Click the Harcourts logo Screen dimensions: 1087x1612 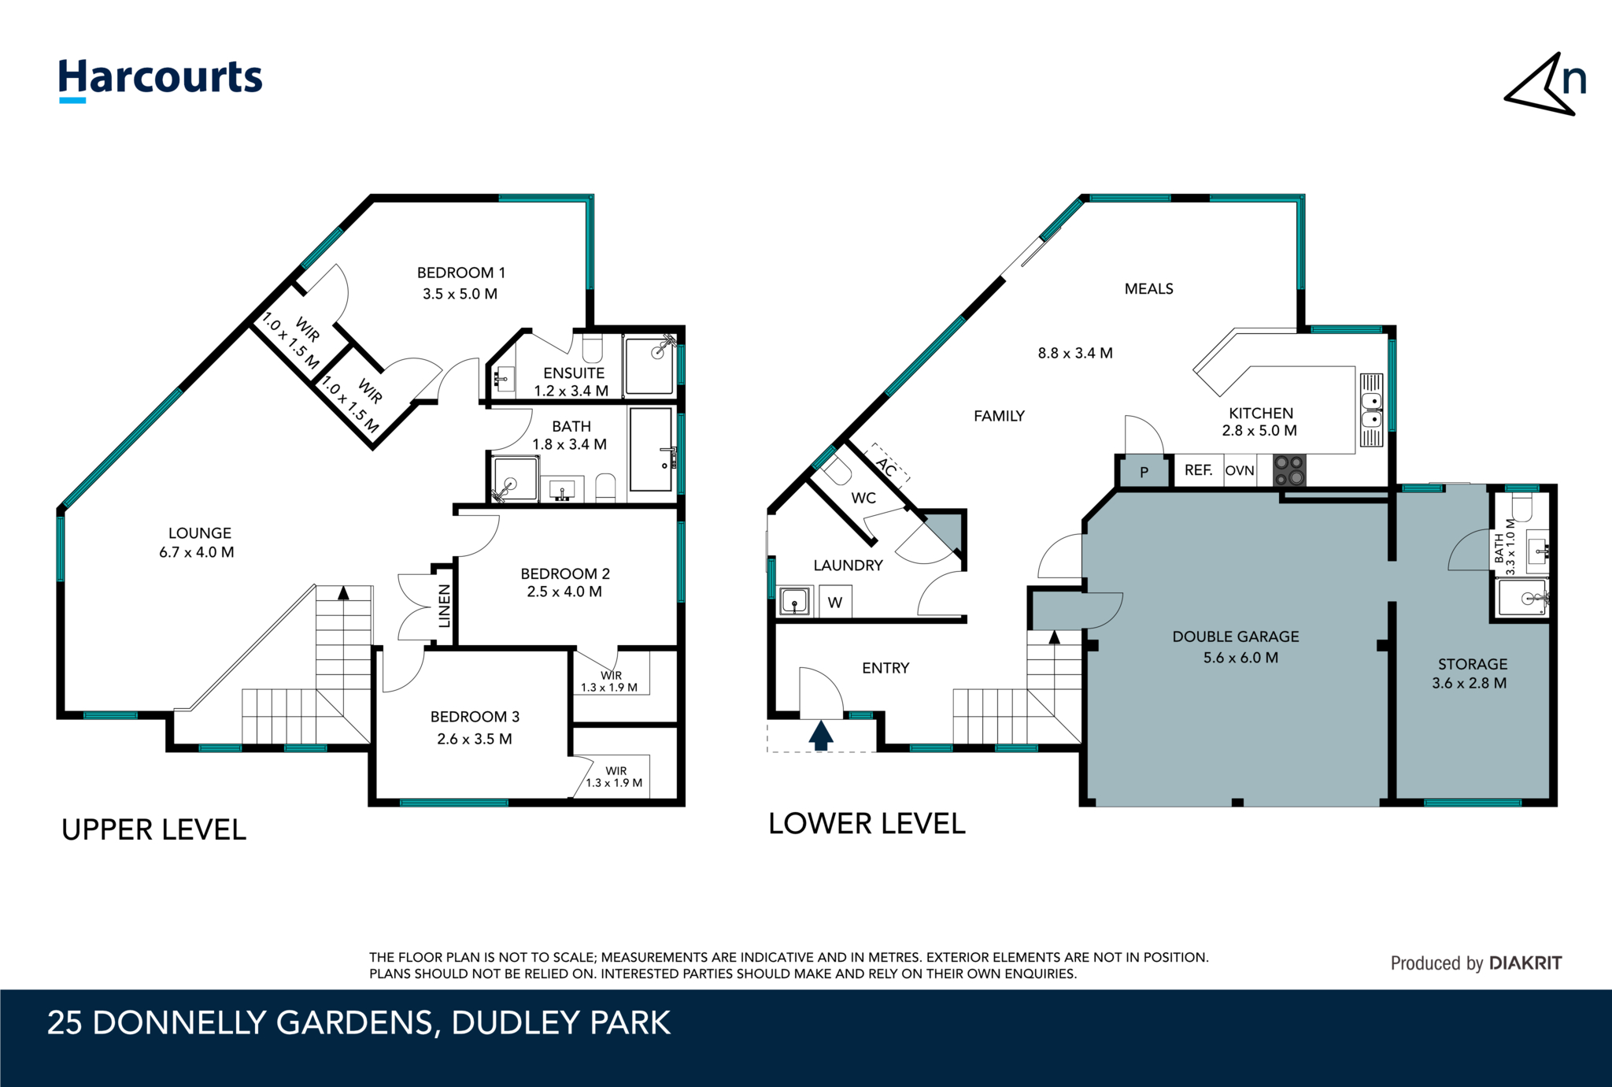pyautogui.click(x=160, y=80)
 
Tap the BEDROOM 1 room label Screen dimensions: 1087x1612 pyautogui.click(x=460, y=273)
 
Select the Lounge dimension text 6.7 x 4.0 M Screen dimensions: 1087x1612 pyautogui.click(x=197, y=552)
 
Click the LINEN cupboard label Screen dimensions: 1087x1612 pyautogui.click(x=444, y=606)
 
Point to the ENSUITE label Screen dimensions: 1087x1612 pyautogui.click(x=574, y=373)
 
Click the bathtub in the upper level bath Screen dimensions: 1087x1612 pyautogui.click(x=650, y=449)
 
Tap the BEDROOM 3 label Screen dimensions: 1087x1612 pyautogui.click(x=475, y=717)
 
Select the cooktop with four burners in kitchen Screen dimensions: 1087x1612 pyautogui.click(x=1289, y=470)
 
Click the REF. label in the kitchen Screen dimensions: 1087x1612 pyautogui.click(x=1198, y=470)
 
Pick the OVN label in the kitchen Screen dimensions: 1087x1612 pyautogui.click(x=1240, y=470)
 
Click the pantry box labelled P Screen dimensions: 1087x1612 pyautogui.click(x=1144, y=473)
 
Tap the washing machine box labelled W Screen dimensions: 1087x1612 pyautogui.click(x=835, y=603)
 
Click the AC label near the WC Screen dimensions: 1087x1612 pyautogui.click(x=887, y=468)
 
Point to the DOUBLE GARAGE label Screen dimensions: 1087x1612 pyautogui.click(x=1235, y=636)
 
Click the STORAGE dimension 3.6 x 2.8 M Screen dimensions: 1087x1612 pyautogui.click(x=1469, y=683)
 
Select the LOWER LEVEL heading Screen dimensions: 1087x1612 pyautogui.click(x=867, y=824)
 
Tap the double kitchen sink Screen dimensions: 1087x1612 pyautogui.click(x=1371, y=410)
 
